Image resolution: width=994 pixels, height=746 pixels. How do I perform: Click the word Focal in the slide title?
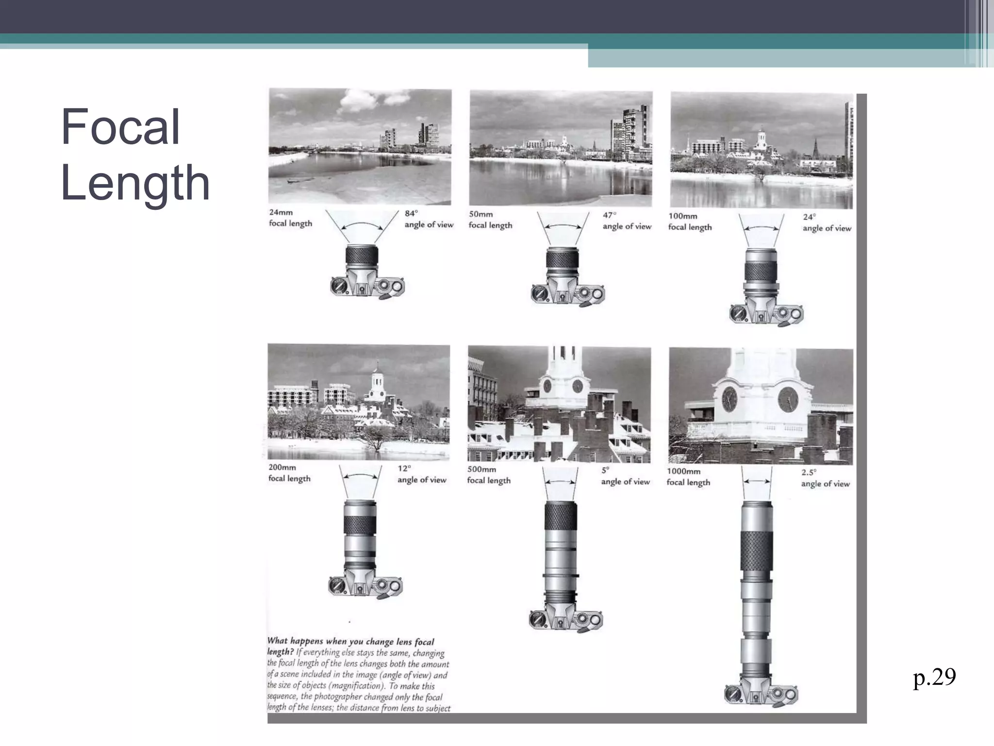tap(120, 127)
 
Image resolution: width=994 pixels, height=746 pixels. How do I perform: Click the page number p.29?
tap(934, 677)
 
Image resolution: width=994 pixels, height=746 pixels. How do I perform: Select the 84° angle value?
tap(411, 213)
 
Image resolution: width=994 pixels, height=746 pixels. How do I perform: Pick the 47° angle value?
tap(610, 215)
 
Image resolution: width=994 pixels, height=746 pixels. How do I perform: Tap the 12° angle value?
tap(404, 468)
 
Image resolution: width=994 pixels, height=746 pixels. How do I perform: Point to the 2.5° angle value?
tap(809, 472)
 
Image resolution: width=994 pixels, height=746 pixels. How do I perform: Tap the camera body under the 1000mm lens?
tap(761, 693)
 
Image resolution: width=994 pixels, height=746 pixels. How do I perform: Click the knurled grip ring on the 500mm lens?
tap(561, 516)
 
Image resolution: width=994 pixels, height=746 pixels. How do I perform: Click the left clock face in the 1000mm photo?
tap(729, 400)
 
